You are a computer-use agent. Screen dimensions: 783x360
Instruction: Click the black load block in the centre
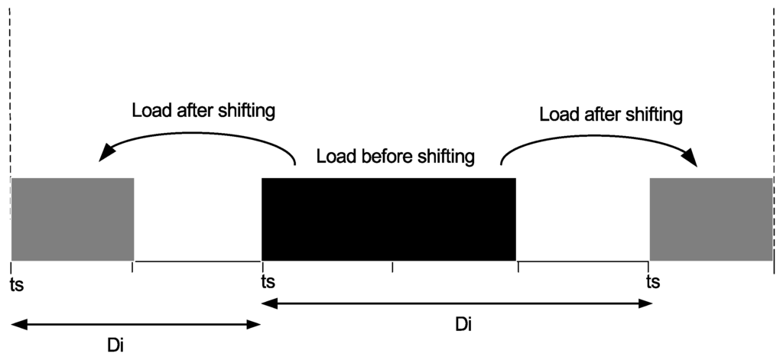(388, 219)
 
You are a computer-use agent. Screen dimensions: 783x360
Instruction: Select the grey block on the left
(73, 219)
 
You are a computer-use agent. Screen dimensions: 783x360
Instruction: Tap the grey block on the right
(710, 219)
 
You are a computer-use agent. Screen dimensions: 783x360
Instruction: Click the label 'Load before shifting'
(395, 157)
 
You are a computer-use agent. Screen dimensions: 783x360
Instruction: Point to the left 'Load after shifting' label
(203, 111)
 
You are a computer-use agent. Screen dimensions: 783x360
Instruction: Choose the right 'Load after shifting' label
(610, 115)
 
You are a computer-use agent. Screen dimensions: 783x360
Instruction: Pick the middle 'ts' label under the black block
(268, 282)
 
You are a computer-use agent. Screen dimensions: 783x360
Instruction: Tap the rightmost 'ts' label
(653, 282)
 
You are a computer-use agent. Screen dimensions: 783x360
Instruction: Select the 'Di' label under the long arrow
(463, 325)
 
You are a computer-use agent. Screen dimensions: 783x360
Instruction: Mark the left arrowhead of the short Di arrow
(18, 325)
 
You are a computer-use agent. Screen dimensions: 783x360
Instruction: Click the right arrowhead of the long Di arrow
(647, 303)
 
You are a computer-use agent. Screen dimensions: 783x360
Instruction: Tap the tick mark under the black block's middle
(392, 267)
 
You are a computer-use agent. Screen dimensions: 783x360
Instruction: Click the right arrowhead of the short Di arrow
(255, 325)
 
